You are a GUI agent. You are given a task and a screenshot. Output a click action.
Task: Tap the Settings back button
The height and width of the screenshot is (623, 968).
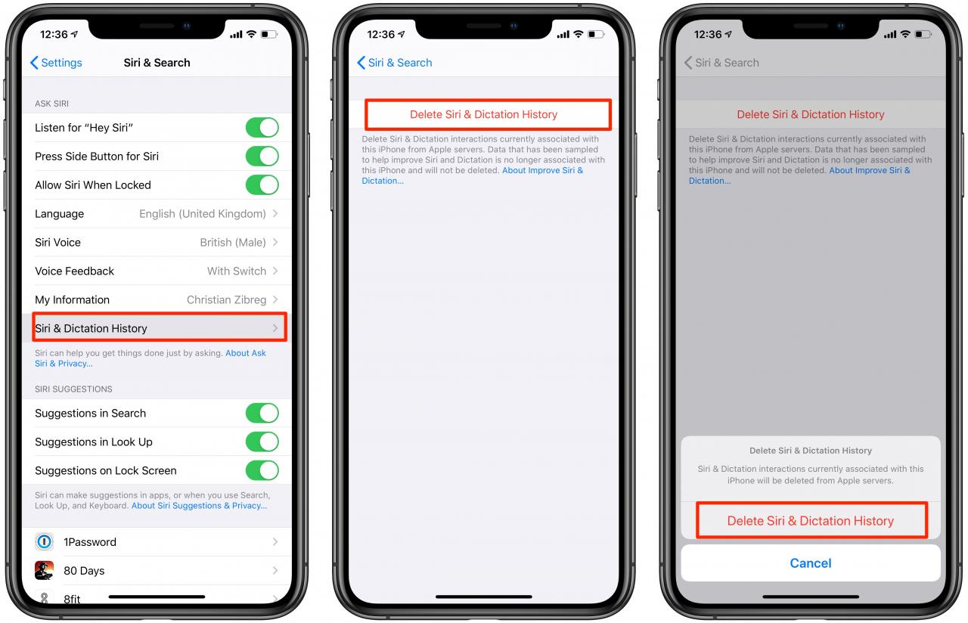56,63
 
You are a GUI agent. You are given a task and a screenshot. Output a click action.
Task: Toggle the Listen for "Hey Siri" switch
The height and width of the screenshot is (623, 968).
262,128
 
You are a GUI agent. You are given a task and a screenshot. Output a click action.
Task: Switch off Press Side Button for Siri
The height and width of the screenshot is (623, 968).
262,156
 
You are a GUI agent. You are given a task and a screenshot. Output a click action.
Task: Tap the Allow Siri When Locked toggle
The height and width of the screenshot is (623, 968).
262,185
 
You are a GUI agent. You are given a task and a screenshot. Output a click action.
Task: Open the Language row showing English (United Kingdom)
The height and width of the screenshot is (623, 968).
157,213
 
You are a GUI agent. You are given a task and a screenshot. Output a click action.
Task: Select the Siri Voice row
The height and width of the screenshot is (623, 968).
157,242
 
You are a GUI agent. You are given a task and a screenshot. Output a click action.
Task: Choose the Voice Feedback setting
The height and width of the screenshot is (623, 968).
157,271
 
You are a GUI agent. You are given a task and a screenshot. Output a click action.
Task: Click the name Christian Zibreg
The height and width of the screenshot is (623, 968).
226,300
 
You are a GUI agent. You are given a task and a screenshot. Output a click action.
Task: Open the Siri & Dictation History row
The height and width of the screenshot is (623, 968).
159,328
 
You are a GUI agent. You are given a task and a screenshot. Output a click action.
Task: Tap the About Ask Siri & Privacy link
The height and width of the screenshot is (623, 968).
150,358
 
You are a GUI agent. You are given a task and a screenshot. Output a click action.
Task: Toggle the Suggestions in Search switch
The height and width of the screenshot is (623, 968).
262,413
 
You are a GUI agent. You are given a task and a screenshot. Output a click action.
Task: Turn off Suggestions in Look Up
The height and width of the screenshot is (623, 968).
262,442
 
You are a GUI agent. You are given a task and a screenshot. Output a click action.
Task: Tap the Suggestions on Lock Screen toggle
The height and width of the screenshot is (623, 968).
262,470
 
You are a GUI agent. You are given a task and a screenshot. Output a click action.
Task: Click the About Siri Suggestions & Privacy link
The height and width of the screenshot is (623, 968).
199,506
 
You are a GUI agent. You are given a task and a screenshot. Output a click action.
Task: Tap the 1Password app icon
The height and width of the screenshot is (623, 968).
44,542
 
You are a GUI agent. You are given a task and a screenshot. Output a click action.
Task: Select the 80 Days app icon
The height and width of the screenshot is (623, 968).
44,570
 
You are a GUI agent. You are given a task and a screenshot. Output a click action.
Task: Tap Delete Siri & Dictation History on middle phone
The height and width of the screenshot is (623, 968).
488,114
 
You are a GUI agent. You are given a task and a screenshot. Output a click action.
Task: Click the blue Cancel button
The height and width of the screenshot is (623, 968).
810,563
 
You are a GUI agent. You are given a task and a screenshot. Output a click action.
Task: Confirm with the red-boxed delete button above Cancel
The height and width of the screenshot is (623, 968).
811,520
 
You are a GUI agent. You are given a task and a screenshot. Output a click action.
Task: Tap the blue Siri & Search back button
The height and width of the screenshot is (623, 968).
395,63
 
